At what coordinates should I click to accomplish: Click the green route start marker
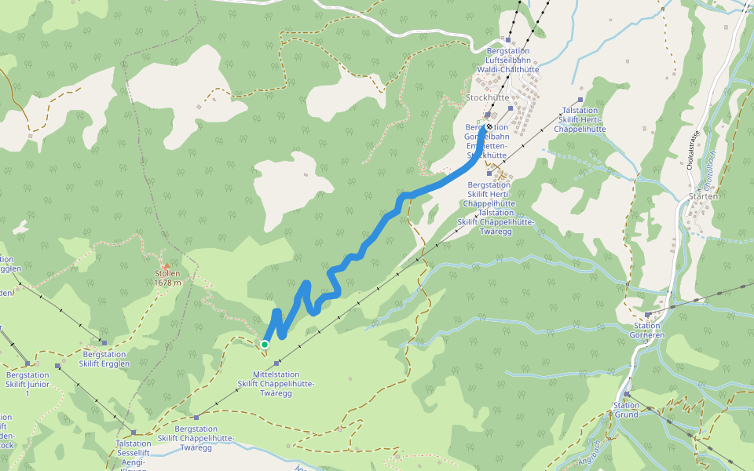pos(265,344)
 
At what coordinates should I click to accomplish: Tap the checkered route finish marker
pos(489,126)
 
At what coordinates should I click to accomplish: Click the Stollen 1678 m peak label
pos(167,278)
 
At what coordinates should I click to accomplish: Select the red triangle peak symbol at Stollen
pos(167,265)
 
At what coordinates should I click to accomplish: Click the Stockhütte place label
pos(488,98)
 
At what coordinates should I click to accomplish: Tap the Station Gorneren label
pos(648,330)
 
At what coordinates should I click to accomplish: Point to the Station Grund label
pos(626,409)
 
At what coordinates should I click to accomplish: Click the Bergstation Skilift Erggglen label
pos(105,359)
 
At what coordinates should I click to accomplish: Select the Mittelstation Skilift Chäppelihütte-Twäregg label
pos(276,383)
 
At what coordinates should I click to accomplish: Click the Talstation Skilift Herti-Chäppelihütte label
pos(580,119)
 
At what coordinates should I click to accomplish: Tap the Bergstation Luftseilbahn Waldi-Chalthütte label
pos(508,60)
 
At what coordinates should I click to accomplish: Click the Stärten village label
pos(703,196)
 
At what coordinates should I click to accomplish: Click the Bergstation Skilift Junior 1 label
pos(27,384)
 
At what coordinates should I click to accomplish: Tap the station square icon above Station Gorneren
pos(648,315)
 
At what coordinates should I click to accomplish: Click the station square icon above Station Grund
pos(627,395)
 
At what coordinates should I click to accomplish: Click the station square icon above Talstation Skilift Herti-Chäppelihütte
pos(580,100)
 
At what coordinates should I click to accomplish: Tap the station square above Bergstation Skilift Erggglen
pos(104,342)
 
